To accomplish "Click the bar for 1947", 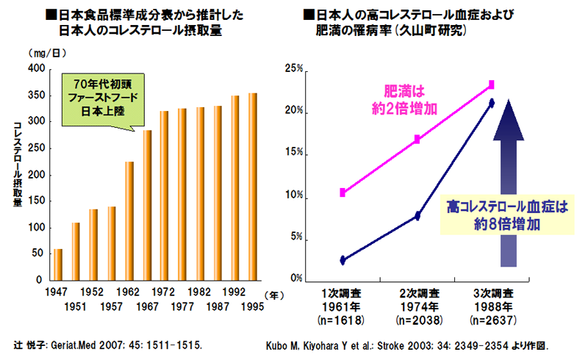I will tap(58, 264).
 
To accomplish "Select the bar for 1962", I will tap(129, 220).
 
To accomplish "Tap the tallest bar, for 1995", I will tap(253, 187).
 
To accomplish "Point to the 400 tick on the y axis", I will tap(35, 69).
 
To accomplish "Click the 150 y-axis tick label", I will tap(35, 201).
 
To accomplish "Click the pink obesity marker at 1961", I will tap(343, 192).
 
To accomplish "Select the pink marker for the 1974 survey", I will tap(417, 139).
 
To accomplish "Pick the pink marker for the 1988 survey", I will tap(491, 84).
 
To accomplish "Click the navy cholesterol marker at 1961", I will tap(343, 260).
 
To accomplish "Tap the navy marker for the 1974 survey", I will tap(417, 216).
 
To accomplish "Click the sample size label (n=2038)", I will tap(417, 320).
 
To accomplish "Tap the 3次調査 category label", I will tap(492, 292).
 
